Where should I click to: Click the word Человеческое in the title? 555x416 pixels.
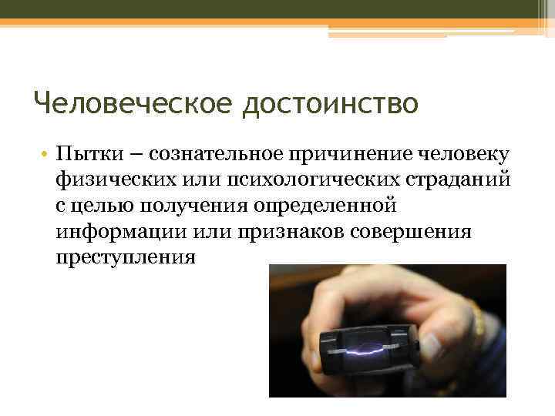(132, 102)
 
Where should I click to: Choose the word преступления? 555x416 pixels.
(126, 257)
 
